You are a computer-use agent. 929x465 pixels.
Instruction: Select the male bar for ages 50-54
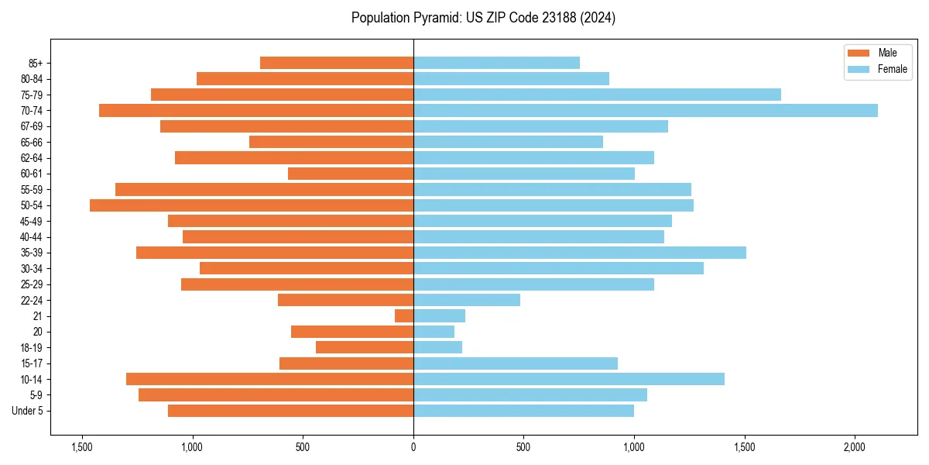pyautogui.click(x=252, y=205)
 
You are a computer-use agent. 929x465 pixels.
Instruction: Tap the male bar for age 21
pyautogui.click(x=404, y=316)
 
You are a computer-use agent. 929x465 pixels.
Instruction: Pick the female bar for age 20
pyautogui.click(x=434, y=332)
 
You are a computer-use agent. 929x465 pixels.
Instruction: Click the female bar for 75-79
pyautogui.click(x=597, y=95)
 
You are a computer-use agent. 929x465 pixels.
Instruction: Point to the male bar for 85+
pyautogui.click(x=337, y=63)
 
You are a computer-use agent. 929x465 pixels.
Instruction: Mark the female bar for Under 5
pyautogui.click(x=523, y=411)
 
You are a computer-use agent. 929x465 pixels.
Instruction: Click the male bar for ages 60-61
pyautogui.click(x=351, y=174)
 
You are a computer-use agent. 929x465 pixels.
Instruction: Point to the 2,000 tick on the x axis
pyautogui.click(x=855, y=447)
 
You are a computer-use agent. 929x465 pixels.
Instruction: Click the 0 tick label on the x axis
pyautogui.click(x=413, y=447)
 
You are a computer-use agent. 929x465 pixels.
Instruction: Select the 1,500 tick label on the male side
pyautogui.click(x=82, y=447)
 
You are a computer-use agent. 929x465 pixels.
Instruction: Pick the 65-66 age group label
pyautogui.click(x=32, y=142)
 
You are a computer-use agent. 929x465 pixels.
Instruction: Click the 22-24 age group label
pyautogui.click(x=32, y=300)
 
